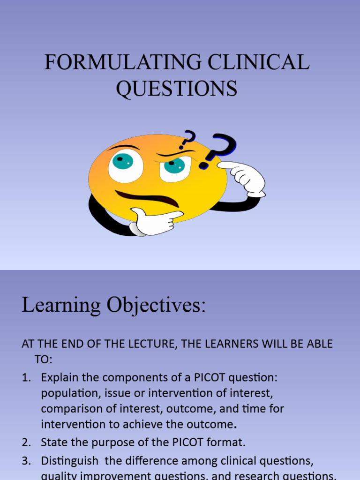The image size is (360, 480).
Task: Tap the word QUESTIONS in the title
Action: (177, 89)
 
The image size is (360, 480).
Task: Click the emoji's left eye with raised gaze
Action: (125, 165)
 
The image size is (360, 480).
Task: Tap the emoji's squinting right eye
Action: (175, 167)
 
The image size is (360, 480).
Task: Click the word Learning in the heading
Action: (61, 306)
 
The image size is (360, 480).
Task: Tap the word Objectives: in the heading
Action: (156, 306)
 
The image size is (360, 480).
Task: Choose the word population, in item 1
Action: (67, 393)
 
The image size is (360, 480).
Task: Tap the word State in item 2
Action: (52, 442)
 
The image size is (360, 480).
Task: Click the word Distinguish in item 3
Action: (70, 460)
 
